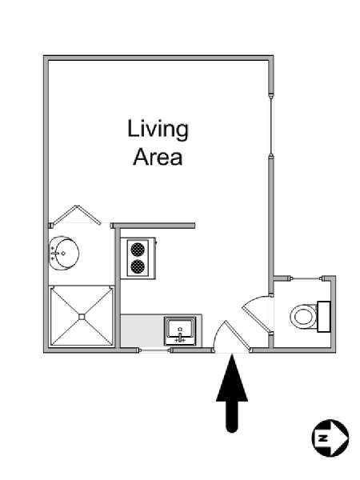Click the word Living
pos(158,130)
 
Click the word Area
pos(158,157)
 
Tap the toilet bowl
pos(303,316)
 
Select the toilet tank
pos(323,317)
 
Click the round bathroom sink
pos(64,253)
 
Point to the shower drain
pos(82,317)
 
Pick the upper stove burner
pos(138,249)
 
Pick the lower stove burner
pos(138,266)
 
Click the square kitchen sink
pos(180,331)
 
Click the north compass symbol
pos(330,438)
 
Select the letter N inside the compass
pos(322,438)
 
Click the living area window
pos(271,124)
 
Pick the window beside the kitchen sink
pos(154,350)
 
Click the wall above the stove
pos(153,226)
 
